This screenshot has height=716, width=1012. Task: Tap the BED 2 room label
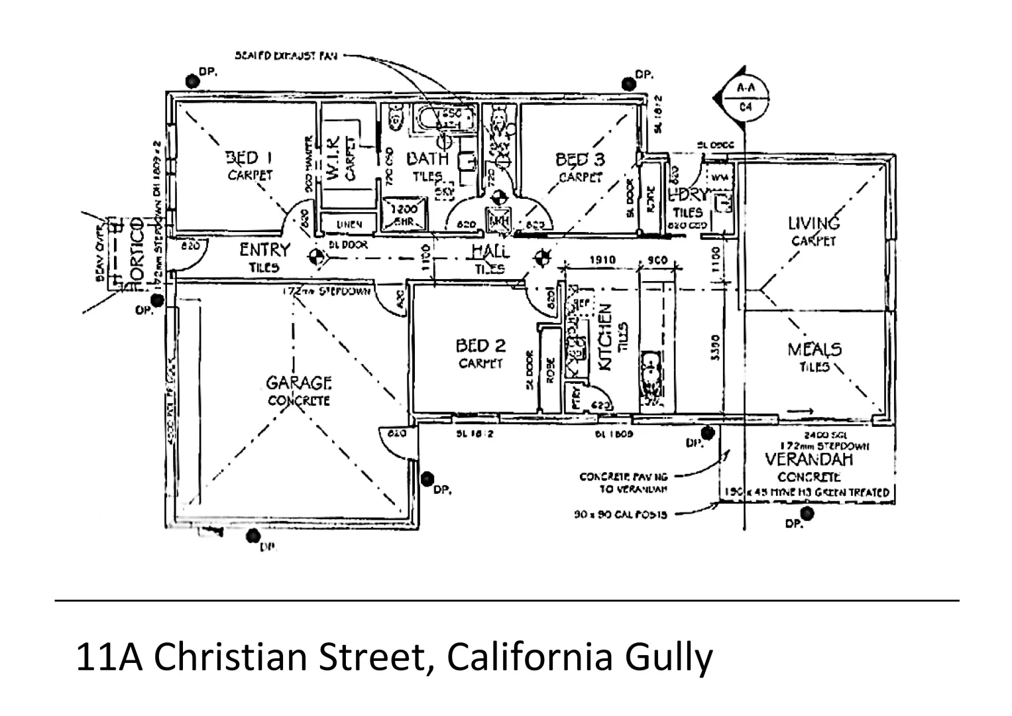tap(480, 346)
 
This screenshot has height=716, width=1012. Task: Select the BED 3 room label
tap(580, 160)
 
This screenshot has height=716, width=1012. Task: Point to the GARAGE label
tap(299, 383)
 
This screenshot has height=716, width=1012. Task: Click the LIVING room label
tap(814, 223)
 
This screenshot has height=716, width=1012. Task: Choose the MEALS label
tap(815, 349)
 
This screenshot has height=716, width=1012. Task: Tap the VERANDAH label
tap(809, 459)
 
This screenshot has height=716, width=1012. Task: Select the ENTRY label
tap(264, 250)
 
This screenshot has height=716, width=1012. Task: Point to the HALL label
tap(490, 251)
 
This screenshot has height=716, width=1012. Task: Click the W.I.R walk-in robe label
tap(334, 157)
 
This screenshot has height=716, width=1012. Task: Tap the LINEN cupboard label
tap(349, 225)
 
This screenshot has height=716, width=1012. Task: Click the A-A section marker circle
tap(745, 97)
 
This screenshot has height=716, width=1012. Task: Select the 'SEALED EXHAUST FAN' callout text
tap(286, 56)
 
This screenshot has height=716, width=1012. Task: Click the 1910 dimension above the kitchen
tap(602, 261)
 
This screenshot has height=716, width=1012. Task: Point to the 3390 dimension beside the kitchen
tap(714, 347)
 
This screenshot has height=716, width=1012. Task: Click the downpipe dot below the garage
tap(253, 535)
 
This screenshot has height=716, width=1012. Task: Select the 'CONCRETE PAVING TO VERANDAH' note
tap(624, 483)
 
